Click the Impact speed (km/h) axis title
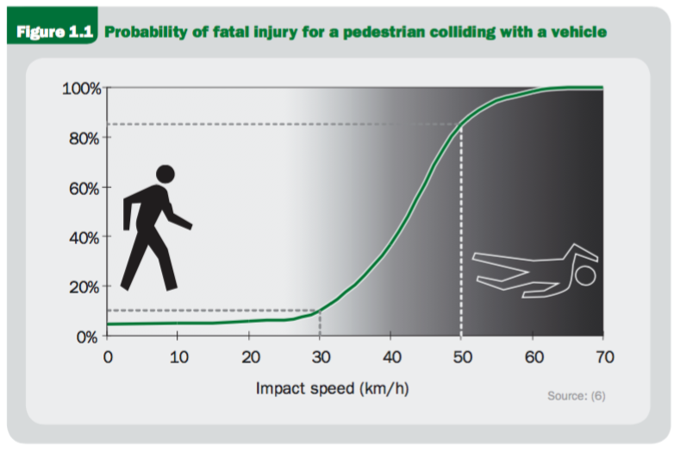tap(332, 388)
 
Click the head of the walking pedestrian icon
tap(165, 173)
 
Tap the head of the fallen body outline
tap(585, 276)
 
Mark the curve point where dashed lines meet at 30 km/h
tap(320, 310)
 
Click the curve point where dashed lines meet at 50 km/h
tap(461, 125)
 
